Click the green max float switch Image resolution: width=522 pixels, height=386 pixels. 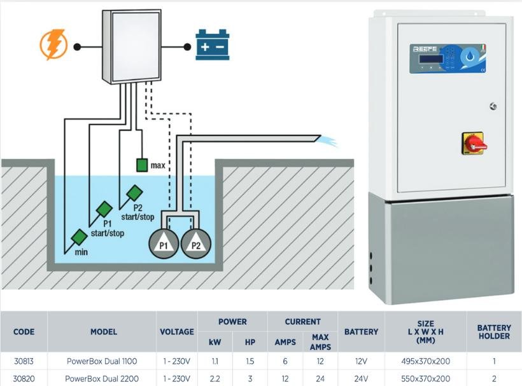tap(141, 166)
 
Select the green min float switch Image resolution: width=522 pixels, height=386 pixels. tap(79, 237)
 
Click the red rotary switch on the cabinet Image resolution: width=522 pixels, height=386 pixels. tap(474, 144)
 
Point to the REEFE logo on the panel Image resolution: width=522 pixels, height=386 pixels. tap(425, 48)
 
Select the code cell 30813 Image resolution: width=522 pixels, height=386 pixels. tap(24, 361)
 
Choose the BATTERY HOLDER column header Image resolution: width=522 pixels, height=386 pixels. tap(493, 332)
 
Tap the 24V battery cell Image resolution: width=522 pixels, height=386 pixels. tap(361, 378)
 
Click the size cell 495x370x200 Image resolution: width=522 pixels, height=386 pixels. tap(425, 361)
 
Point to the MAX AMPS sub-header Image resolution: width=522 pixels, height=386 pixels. tap(320, 342)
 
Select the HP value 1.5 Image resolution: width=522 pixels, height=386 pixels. tap(250, 361)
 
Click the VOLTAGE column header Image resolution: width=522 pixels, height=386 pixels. tap(176, 332)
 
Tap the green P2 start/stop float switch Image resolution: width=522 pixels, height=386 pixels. tap(134, 192)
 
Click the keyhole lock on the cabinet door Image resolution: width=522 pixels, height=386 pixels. tap(491, 106)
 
